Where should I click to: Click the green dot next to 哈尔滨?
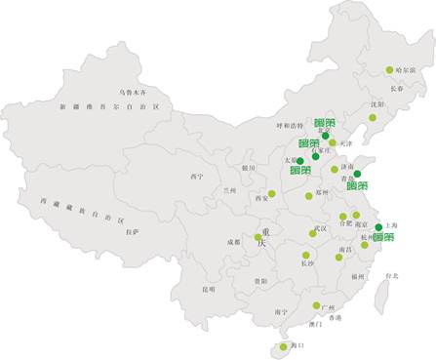[389, 69]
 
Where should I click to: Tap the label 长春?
[396, 88]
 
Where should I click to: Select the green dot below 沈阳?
[372, 118]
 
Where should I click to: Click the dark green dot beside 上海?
[378, 227]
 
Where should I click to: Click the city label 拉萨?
[132, 231]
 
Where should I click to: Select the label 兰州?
[230, 190]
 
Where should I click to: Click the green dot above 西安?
[272, 193]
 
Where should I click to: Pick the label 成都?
[233, 241]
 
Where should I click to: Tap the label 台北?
[390, 276]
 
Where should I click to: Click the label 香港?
[335, 318]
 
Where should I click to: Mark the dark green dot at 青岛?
[357, 174]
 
